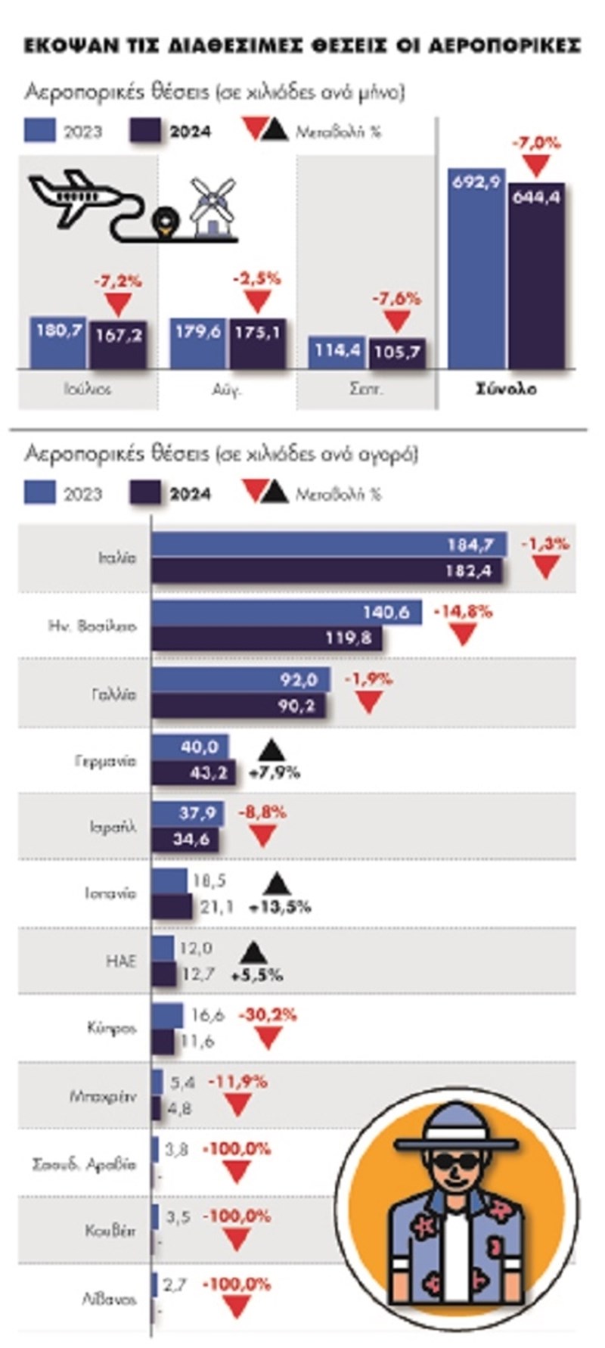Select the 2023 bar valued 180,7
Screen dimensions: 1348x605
pyautogui.click(x=58, y=342)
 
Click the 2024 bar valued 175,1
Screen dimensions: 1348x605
pyautogui.click(x=258, y=343)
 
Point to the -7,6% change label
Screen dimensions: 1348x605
pyautogui.click(x=396, y=298)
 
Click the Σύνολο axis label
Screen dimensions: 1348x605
pyautogui.click(x=506, y=389)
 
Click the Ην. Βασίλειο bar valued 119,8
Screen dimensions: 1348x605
pyautogui.click(x=266, y=638)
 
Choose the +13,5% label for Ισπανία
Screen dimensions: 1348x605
pyautogui.click(x=280, y=907)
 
